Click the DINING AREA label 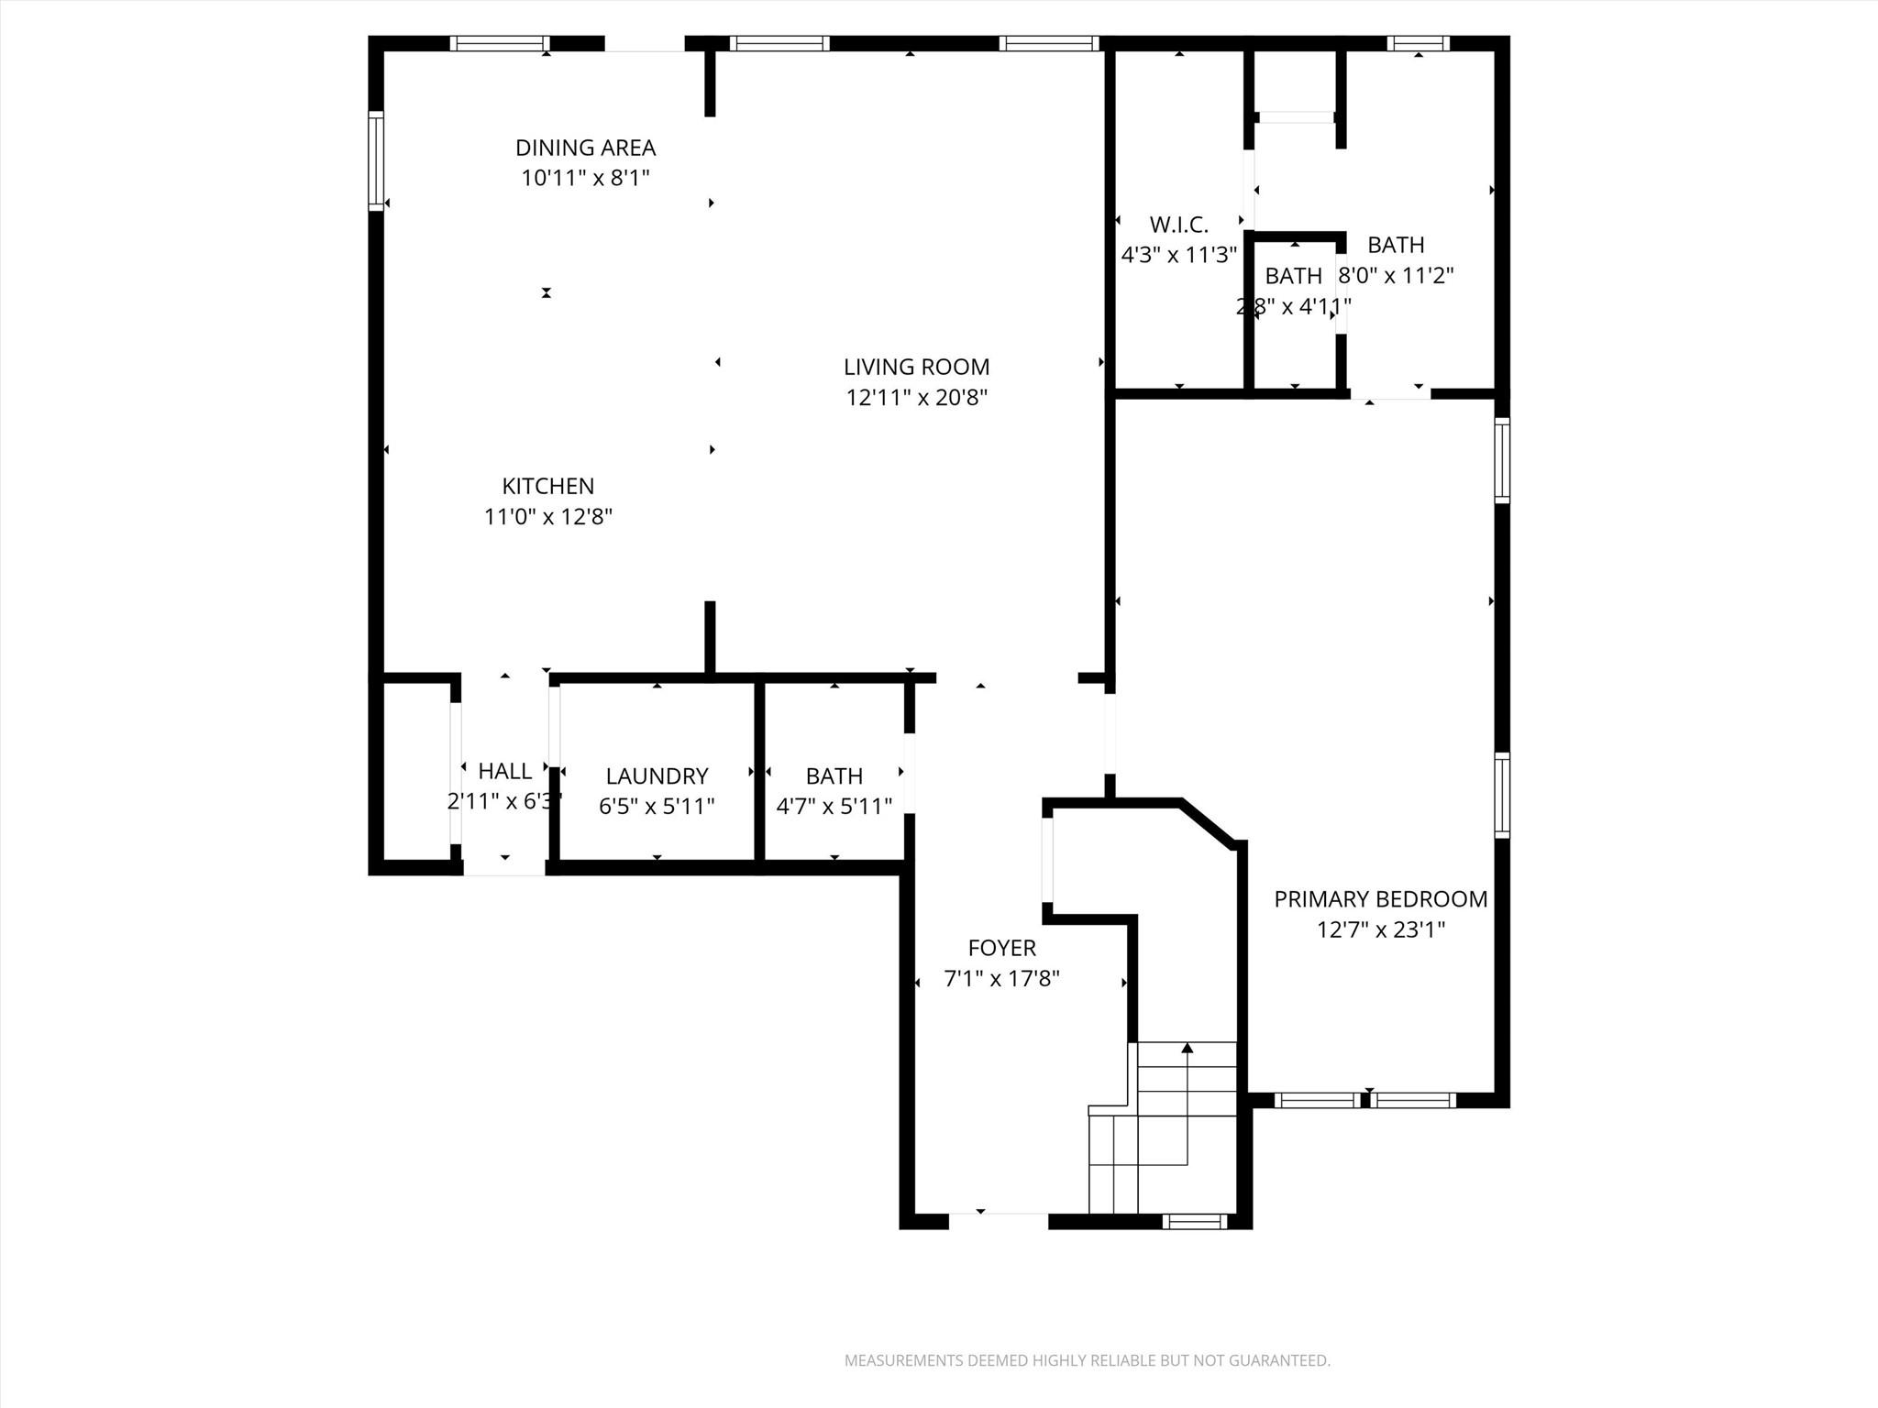(585, 148)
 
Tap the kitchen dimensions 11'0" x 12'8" (547, 517)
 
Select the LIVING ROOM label (916, 367)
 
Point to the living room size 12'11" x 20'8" (916, 398)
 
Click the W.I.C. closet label (1178, 225)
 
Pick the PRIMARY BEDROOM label (1380, 899)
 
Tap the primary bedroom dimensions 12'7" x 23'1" (1380, 930)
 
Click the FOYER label (1001, 948)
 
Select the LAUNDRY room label (657, 776)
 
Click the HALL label (504, 771)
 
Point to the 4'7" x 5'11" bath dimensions (834, 807)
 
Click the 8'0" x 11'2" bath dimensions (1397, 275)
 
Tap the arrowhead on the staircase (1188, 1047)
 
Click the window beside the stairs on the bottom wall (1194, 1221)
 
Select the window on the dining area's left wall (376, 160)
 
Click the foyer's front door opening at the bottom (998, 1219)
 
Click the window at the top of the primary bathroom (1418, 43)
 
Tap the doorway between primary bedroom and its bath (1390, 395)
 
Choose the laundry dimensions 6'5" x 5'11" (657, 807)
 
